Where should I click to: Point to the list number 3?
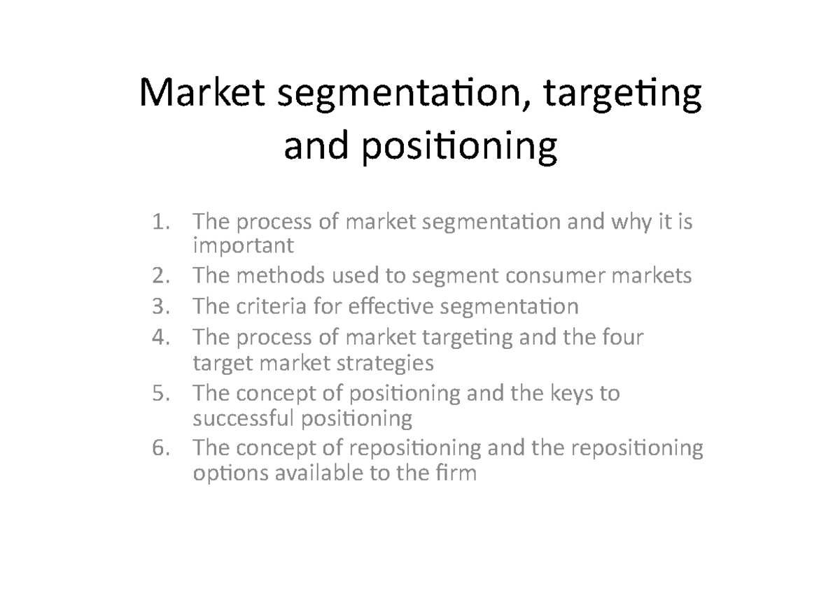(160, 306)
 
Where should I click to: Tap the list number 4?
(160, 337)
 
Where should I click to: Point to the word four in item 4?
(620, 337)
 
